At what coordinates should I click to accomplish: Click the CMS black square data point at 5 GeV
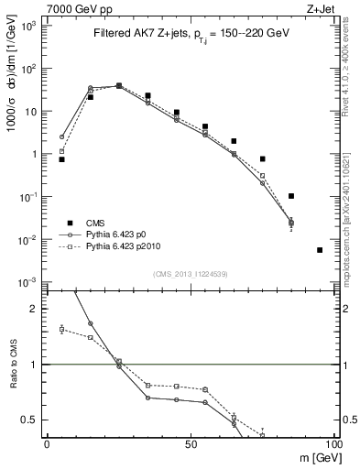(x=61, y=159)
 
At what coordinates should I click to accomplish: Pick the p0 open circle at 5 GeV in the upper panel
(x=61, y=137)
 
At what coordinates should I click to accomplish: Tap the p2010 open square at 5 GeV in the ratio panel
(x=61, y=329)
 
